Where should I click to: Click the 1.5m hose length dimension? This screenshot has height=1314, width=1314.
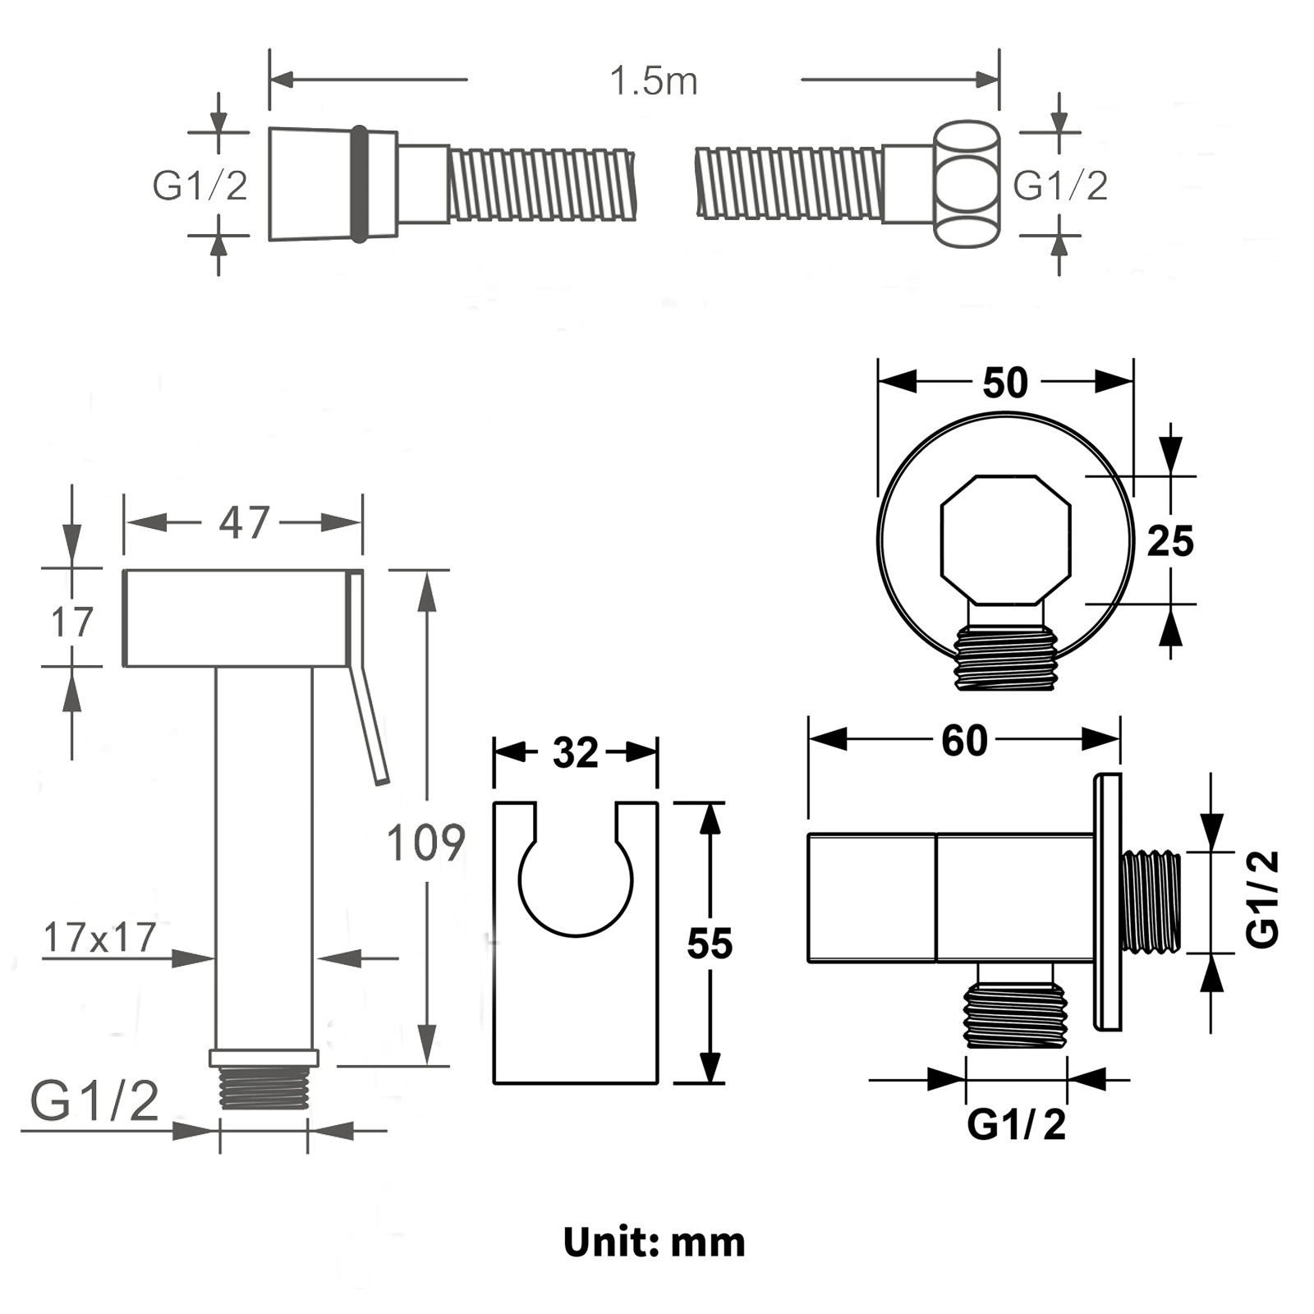point(654,81)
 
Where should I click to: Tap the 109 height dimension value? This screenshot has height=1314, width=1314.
point(425,842)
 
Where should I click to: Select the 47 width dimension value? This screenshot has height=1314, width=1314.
point(244,522)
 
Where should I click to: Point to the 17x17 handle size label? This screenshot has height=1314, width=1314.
point(99,937)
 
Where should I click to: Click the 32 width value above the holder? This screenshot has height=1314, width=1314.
point(576,752)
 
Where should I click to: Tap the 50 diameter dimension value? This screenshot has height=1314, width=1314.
point(1005,383)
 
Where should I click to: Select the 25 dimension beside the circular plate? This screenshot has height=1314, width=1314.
point(1170,541)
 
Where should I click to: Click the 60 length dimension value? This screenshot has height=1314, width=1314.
point(964,740)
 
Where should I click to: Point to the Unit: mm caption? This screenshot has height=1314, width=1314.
point(655,1242)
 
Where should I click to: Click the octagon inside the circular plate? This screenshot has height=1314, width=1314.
point(1006,540)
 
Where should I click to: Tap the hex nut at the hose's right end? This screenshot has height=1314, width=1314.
point(967,186)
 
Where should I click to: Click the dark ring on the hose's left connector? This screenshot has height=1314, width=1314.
point(359,184)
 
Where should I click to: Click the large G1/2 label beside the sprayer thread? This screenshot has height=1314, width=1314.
point(94,1100)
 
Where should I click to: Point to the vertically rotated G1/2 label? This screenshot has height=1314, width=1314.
point(1263,899)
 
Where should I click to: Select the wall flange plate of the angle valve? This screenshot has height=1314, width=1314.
point(1108,902)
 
